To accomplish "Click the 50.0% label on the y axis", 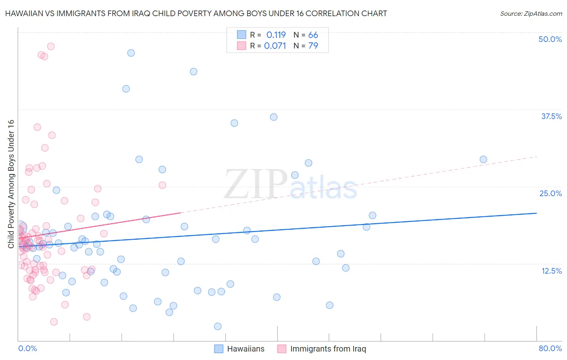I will [x=550, y=39].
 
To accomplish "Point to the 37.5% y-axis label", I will [x=551, y=116].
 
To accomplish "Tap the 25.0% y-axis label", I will [x=550, y=193].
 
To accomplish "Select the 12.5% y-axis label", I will [x=551, y=271].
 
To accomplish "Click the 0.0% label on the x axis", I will [x=27, y=348].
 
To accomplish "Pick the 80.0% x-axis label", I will [x=550, y=348].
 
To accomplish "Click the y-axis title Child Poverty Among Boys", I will [x=11, y=184].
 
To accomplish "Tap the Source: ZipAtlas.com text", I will [x=531, y=13].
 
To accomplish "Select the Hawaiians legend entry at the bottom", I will [x=246, y=349].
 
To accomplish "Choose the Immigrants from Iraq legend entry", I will [x=328, y=349].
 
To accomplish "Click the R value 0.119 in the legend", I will [x=276, y=35].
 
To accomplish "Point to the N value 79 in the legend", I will [x=313, y=46].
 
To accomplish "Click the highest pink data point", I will [x=51, y=46].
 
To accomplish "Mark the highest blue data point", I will [x=131, y=53].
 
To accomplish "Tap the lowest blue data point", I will [x=218, y=326].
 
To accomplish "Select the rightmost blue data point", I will [x=483, y=159].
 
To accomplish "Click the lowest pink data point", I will [x=54, y=322].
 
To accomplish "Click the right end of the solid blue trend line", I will [x=536, y=213].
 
